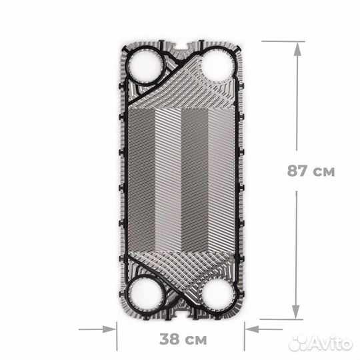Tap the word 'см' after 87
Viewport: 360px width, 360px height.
[x=324, y=171]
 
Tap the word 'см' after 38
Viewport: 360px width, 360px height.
[x=195, y=340]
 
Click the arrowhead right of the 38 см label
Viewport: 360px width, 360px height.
[x=250, y=328]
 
